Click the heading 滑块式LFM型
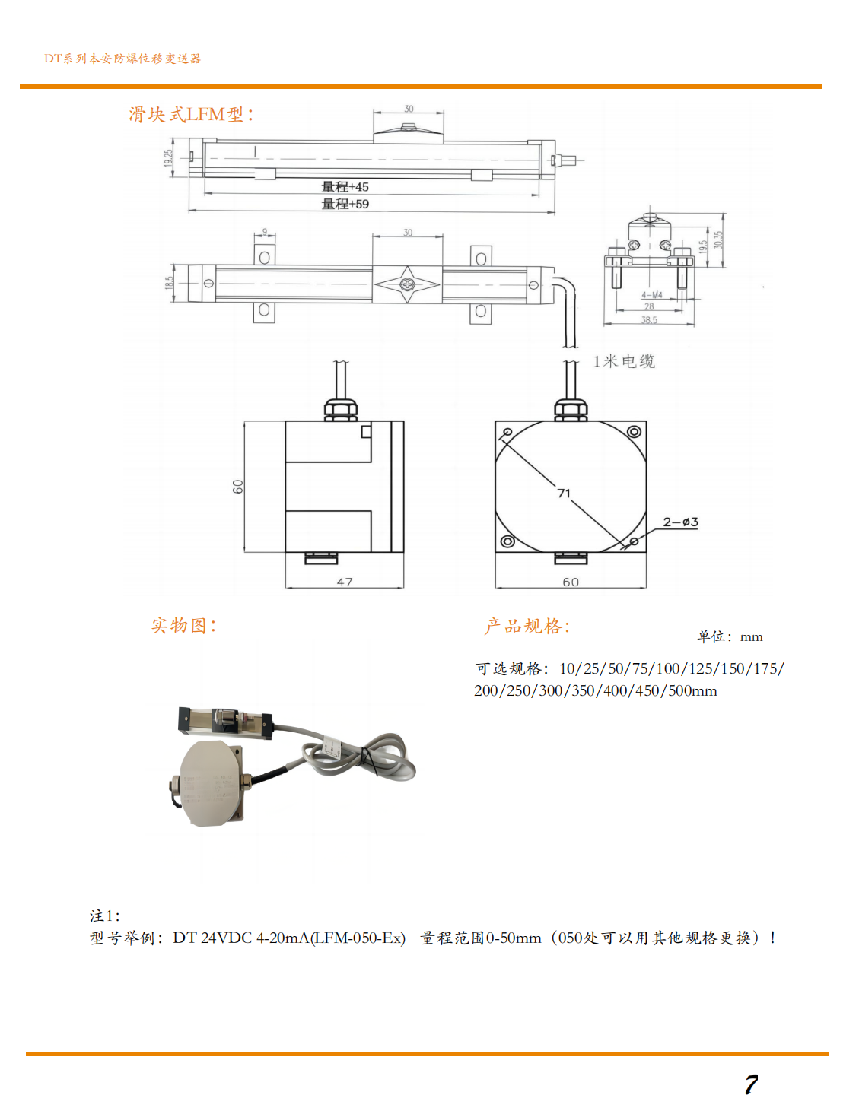click(x=191, y=115)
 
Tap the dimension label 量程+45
click(x=345, y=187)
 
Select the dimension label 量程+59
click(x=345, y=204)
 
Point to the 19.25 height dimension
click(x=168, y=157)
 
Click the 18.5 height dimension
click(x=169, y=283)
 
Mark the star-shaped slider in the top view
click(x=407, y=285)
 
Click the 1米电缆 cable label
click(x=623, y=361)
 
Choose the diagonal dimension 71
click(x=564, y=494)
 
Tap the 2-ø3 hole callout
click(x=680, y=522)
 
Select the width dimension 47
click(x=345, y=582)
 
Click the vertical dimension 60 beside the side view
click(x=238, y=487)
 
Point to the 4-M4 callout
click(x=651, y=295)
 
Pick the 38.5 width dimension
click(x=649, y=320)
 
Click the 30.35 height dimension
click(x=718, y=240)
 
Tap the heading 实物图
click(x=183, y=626)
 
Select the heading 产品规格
click(x=527, y=627)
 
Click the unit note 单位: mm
click(x=729, y=637)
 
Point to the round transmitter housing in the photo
click(x=213, y=783)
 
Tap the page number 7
click(x=751, y=1085)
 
